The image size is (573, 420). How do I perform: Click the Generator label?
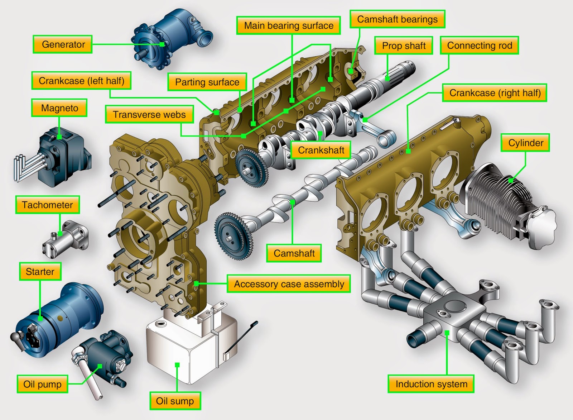pos(63,44)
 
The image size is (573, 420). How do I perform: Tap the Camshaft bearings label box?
pos(397,19)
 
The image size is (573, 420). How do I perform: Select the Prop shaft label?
pos(403,46)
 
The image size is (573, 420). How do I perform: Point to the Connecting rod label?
pos(480,45)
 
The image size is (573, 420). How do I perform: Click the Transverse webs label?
pos(149,114)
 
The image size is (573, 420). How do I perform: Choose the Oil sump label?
pos(175,401)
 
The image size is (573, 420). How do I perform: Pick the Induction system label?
pos(431,384)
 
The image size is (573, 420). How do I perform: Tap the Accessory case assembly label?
pos(289,284)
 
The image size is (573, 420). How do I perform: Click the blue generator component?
pos(170,38)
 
